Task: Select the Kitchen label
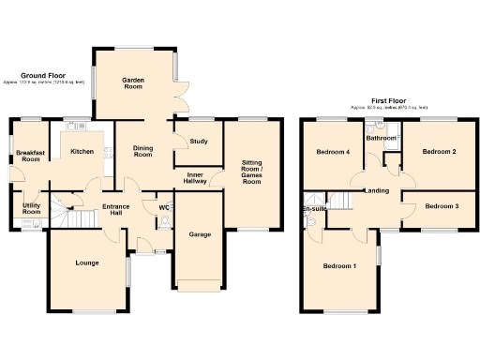pos(82,152)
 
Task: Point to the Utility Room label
pos(31,207)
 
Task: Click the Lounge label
pos(87,262)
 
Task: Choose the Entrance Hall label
pos(116,210)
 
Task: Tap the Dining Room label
pos(142,151)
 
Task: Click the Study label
pos(198,142)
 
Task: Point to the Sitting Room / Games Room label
pos(251,170)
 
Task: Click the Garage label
pos(198,233)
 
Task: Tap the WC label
pos(163,207)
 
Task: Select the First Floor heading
pos(389,100)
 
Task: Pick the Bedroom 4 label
pos(333,152)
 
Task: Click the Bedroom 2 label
pos(439,151)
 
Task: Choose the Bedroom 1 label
pos(339,266)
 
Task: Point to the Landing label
pos(377,191)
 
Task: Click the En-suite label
pos(313,209)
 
